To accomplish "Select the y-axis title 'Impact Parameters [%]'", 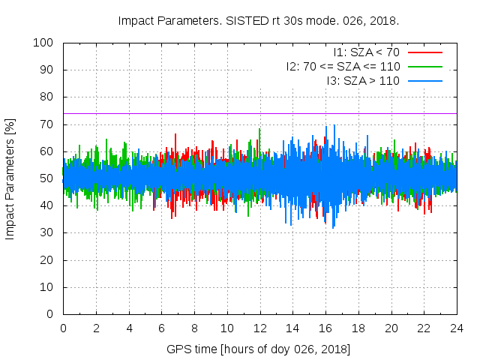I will click(x=10, y=178).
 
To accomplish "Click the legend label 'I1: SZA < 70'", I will click(x=366, y=52).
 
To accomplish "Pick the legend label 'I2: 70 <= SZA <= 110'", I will click(x=343, y=66).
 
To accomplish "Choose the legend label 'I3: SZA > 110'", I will click(x=363, y=80).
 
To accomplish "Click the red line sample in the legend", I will click(x=424, y=52).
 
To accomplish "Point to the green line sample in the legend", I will click(x=424, y=66).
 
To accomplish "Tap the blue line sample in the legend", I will click(x=424, y=80).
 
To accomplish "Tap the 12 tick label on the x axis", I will click(x=259, y=328).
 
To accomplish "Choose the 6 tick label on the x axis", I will click(x=161, y=328).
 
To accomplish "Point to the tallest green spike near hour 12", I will click(x=259, y=130).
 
